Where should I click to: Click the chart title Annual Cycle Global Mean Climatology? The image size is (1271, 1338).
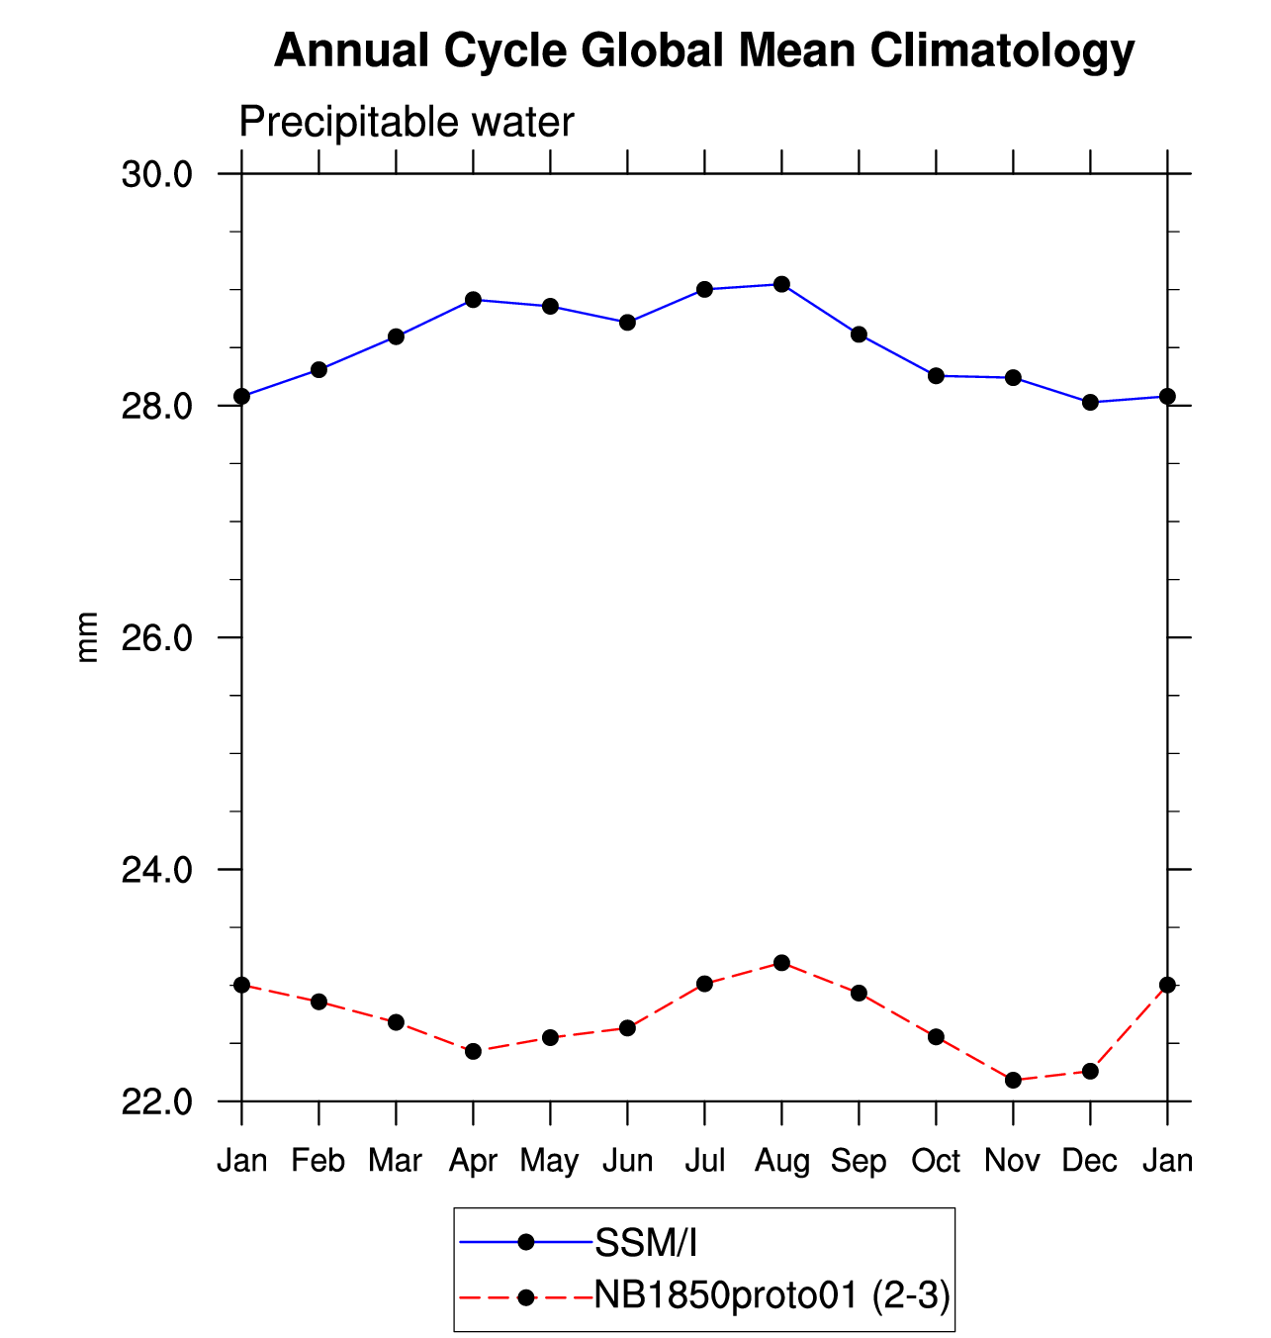tap(703, 50)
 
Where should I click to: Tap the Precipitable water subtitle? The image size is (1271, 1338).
tap(407, 123)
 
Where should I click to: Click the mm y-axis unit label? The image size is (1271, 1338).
tap(88, 637)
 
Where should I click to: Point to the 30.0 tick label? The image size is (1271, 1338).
tap(156, 175)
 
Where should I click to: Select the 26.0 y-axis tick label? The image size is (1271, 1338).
tap(156, 638)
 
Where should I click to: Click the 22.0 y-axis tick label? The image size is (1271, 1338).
tap(156, 1101)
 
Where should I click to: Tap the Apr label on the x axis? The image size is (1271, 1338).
tap(473, 1160)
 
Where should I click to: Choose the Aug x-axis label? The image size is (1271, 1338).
tap(781, 1160)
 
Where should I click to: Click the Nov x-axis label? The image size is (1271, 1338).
tap(1012, 1160)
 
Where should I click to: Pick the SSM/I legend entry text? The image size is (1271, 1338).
tap(646, 1243)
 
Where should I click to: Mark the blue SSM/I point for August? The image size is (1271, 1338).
tap(781, 284)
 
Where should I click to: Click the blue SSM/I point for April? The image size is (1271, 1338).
tap(473, 299)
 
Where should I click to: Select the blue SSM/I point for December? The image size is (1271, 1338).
tap(1090, 402)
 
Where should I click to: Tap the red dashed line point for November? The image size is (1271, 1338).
tap(1013, 1080)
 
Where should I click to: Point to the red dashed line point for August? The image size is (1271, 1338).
tap(781, 962)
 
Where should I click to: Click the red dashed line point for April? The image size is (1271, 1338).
tap(473, 1051)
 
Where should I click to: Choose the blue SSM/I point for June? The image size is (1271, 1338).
tap(627, 322)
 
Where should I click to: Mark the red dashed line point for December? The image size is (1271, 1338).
tap(1090, 1071)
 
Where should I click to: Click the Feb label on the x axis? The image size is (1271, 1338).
tap(318, 1160)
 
